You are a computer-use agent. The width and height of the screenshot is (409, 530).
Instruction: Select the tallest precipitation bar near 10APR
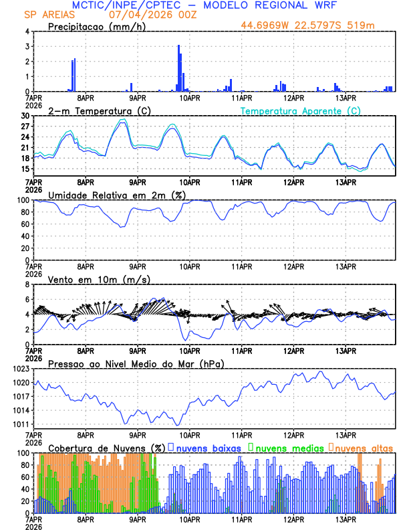click(178, 67)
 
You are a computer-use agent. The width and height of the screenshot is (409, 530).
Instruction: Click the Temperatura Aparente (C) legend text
click(301, 110)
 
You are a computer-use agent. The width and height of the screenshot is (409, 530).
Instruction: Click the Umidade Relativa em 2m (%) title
click(116, 195)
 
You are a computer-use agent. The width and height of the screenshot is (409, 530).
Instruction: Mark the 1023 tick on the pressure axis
click(20, 369)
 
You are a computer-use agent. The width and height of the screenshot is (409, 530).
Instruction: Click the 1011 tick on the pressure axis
click(20, 424)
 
